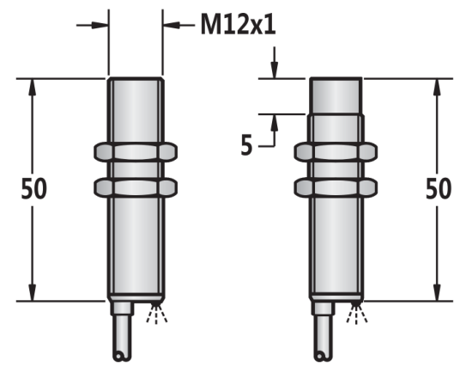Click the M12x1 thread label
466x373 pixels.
click(x=239, y=24)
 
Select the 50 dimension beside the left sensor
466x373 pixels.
click(x=33, y=189)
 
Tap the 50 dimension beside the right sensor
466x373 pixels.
click(x=439, y=189)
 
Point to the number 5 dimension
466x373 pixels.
click(x=246, y=145)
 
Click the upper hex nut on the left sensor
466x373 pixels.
click(x=136, y=152)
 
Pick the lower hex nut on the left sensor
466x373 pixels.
click(x=136, y=187)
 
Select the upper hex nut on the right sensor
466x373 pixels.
click(x=336, y=152)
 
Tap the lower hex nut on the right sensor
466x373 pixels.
click(x=336, y=187)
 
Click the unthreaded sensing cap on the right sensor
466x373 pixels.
click(x=336, y=96)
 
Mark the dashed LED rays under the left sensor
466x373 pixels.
click(x=157, y=313)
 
